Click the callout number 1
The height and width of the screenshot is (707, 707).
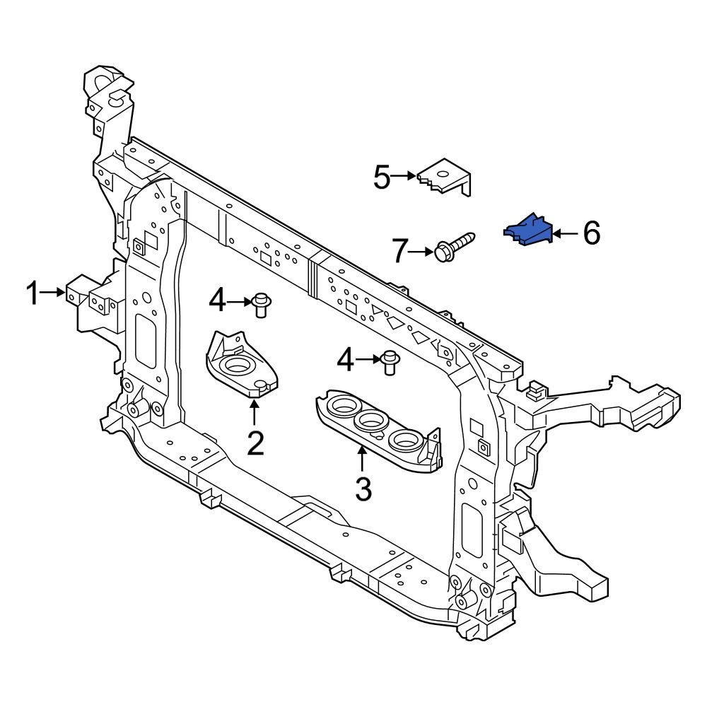pyautogui.click(x=33, y=293)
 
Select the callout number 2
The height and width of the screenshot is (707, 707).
pyautogui.click(x=255, y=443)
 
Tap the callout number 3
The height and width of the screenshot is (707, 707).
pyautogui.click(x=363, y=489)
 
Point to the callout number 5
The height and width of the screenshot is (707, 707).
pyautogui.click(x=382, y=177)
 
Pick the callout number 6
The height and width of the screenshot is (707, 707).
pyautogui.click(x=591, y=233)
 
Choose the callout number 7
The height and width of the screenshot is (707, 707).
pyautogui.click(x=401, y=251)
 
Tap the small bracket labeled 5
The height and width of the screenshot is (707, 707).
pyautogui.click(x=445, y=177)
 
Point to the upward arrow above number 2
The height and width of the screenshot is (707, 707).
pyautogui.click(x=255, y=412)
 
